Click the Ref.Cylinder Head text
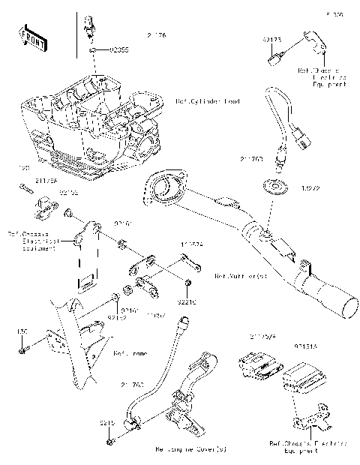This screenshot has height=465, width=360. tap(208, 101)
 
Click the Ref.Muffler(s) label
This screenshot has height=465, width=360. tap(241, 276)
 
